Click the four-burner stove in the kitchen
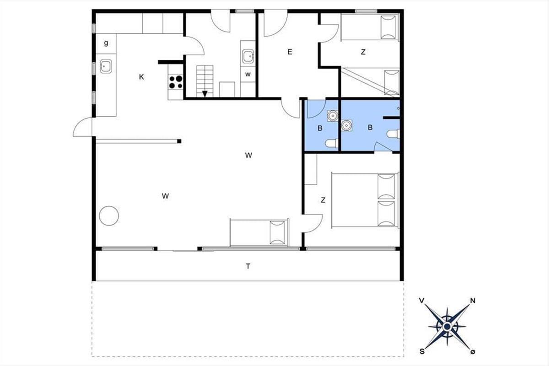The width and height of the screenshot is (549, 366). tap(176, 82)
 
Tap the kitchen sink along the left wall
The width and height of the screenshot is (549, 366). tap(106, 66)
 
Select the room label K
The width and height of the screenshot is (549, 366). tap(141, 77)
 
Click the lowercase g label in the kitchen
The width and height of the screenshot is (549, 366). tap(106, 43)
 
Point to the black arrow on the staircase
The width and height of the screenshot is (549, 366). tap(205, 94)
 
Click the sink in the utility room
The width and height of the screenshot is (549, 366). tap(248, 57)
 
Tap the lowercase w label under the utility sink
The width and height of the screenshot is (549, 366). tap(248, 74)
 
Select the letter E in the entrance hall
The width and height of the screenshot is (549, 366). tap(290, 52)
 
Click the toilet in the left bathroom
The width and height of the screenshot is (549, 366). tap(332, 143)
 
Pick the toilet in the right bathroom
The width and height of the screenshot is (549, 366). tap(393, 134)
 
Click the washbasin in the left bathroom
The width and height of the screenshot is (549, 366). tap(333, 116)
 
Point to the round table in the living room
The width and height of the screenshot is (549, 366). tap(109, 216)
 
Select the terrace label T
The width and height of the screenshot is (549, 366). tap(248, 266)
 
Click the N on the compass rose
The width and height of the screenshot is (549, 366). tap(473, 301)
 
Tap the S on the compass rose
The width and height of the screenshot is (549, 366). tap(422, 351)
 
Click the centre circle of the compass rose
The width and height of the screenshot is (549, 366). tap(447, 327)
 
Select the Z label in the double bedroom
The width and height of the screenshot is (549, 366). tap(323, 200)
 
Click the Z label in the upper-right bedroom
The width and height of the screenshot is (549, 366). tap(363, 52)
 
